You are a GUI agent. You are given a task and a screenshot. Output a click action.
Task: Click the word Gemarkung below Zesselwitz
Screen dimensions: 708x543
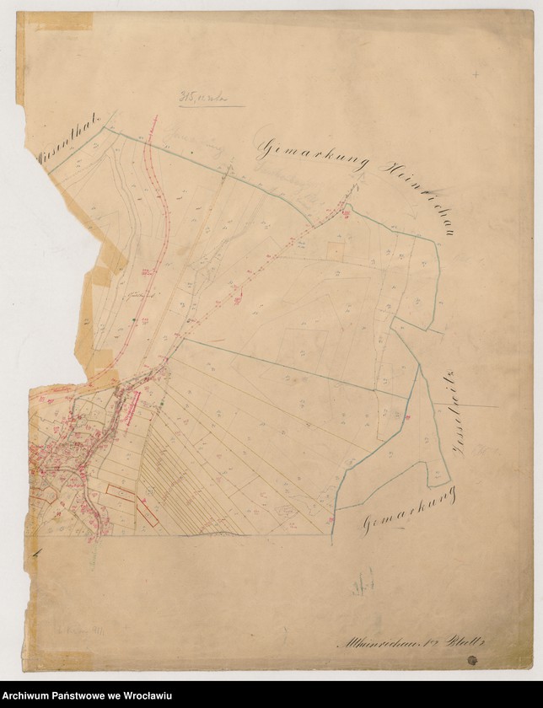coord(409,512)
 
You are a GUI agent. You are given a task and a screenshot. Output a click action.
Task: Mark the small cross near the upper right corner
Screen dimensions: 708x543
coord(476,75)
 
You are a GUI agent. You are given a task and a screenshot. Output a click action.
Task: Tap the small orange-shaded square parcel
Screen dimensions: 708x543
coord(336,250)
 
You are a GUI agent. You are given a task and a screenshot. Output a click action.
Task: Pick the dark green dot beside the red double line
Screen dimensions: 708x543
coord(135,322)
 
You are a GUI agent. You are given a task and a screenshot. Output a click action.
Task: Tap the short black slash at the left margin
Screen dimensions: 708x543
coord(36,553)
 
